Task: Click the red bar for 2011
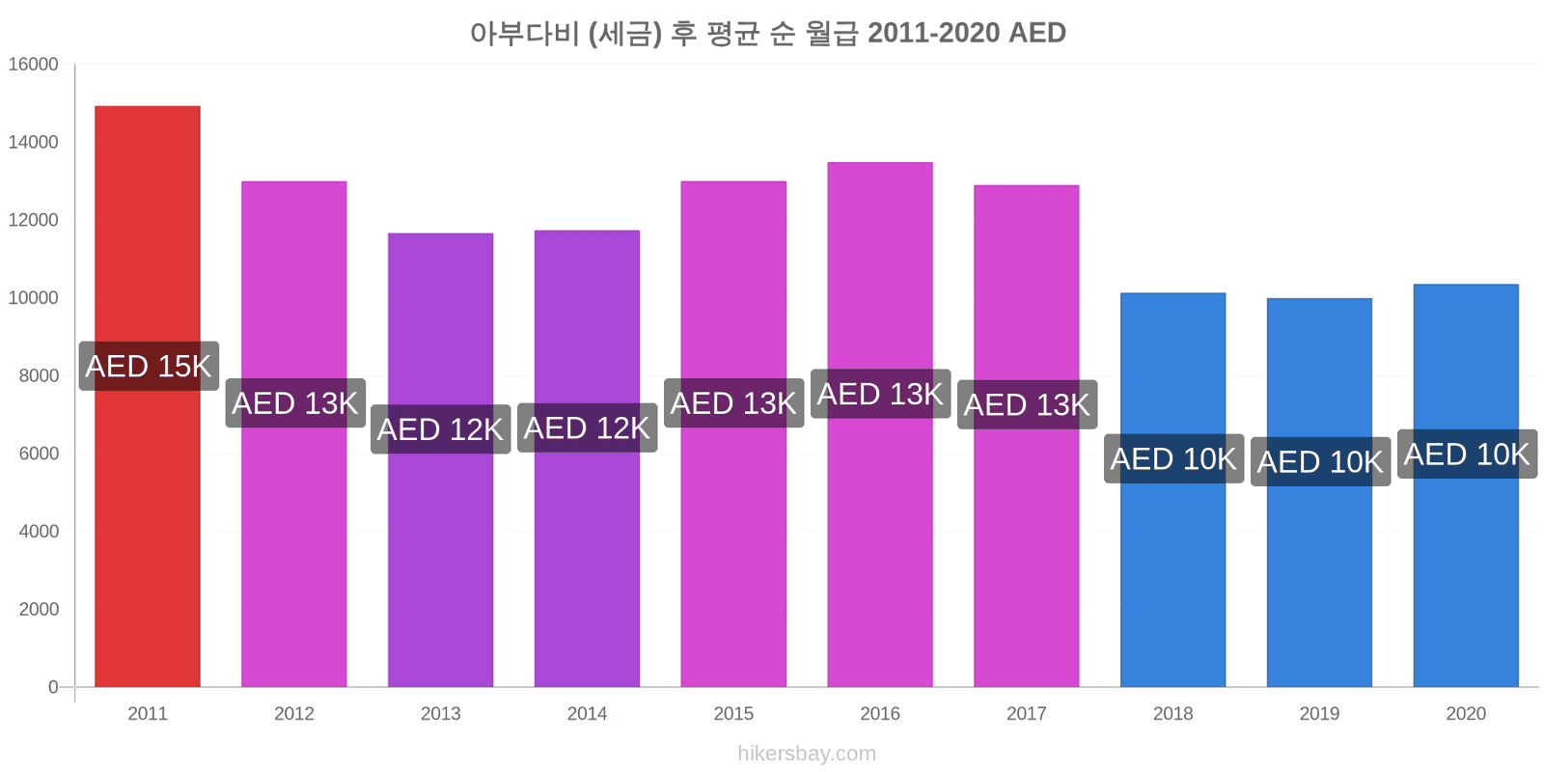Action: pos(148,397)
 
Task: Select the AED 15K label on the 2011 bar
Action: pos(149,366)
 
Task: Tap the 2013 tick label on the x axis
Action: pos(440,713)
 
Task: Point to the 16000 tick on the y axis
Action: pos(33,64)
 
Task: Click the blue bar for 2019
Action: pos(1319,493)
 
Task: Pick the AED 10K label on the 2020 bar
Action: pos(1468,455)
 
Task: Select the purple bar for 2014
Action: pos(588,459)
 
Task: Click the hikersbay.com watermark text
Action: pos(807,754)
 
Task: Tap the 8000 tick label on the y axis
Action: pos(39,375)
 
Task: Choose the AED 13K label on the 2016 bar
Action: pos(881,394)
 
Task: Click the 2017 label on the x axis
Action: pos(1027,713)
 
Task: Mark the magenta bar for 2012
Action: pos(294,434)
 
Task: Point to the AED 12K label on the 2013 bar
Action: pos(441,429)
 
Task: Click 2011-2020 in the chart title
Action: pos(933,33)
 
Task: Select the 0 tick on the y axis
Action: pos(53,687)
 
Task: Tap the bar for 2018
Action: pos(1173,490)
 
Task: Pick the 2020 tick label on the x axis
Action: pos(1466,713)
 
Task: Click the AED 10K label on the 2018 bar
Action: pos(1173,458)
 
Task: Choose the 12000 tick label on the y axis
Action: pos(33,220)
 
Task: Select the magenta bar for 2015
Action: pos(733,434)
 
